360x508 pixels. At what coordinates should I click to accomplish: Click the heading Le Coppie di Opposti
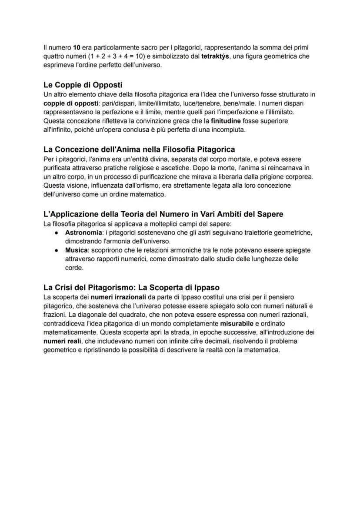[85, 85]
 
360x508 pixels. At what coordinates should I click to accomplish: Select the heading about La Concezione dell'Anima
[139, 150]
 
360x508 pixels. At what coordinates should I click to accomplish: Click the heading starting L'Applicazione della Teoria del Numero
[163, 214]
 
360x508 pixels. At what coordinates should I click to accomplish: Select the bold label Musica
[76, 250]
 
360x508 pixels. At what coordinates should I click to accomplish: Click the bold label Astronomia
[83, 233]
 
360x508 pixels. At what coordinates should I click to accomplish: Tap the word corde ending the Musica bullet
[74, 268]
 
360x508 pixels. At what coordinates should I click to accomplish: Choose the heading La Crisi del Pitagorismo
[131, 287]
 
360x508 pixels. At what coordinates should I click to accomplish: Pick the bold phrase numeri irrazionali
[117, 297]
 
